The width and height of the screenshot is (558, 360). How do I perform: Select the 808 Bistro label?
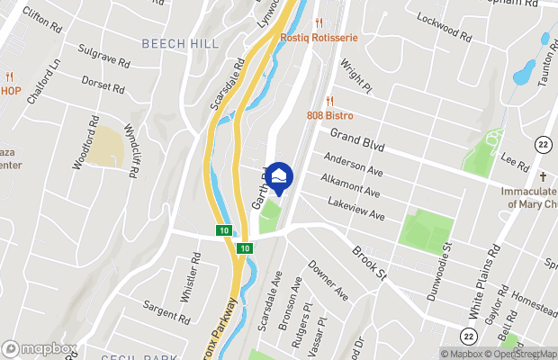click(x=329, y=115)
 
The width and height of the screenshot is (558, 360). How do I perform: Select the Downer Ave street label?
click(x=328, y=282)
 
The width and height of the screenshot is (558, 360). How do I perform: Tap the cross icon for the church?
click(x=543, y=176)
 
